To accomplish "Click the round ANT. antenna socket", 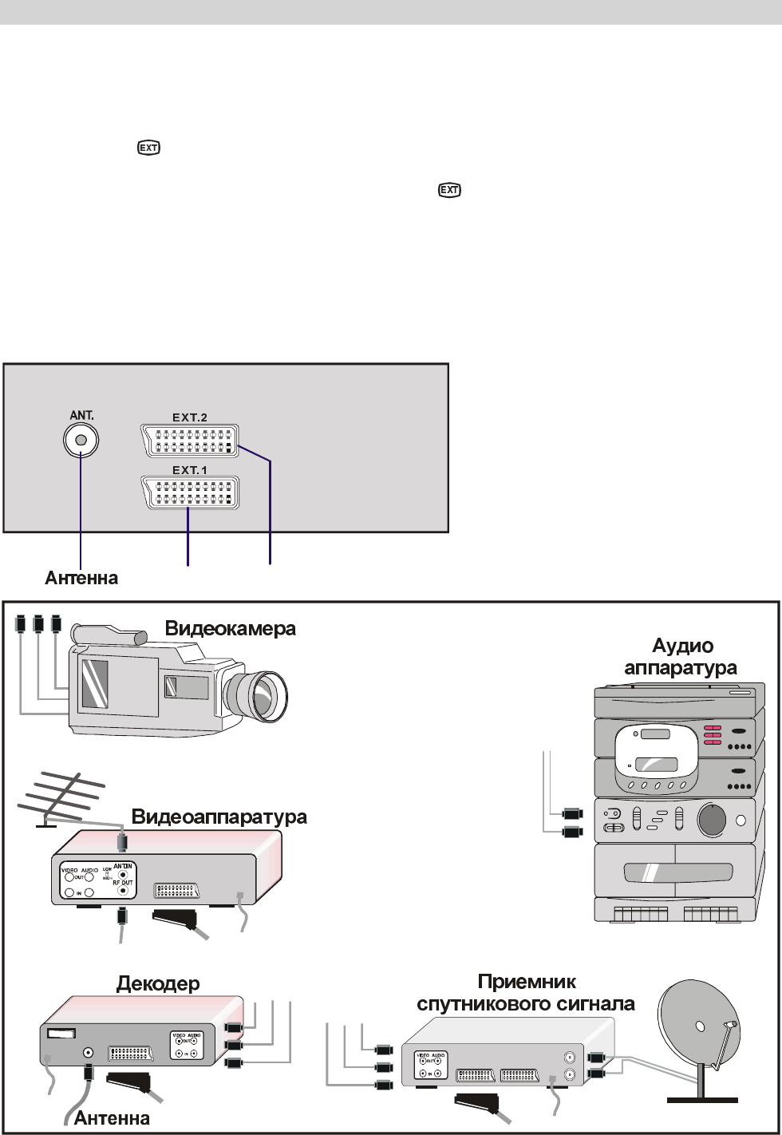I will point(80,440).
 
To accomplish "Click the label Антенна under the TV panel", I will point(80,578).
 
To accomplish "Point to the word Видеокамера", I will point(230,629).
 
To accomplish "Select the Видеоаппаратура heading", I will point(219,817).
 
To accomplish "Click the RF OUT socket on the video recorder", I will point(122,889).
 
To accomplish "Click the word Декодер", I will point(157,983).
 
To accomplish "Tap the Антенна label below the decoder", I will point(112,1119).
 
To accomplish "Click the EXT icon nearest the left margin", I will point(148,148).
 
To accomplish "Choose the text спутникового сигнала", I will point(527,1003).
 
